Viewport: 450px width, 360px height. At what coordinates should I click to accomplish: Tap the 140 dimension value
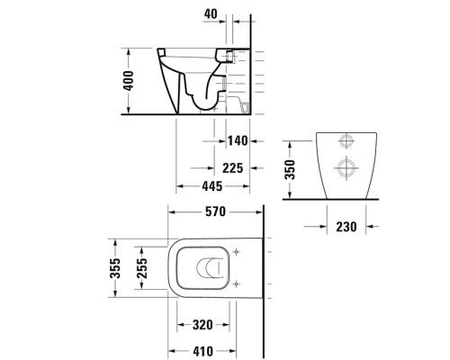(237, 142)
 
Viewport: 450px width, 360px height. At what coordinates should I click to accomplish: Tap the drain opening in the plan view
(208, 267)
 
